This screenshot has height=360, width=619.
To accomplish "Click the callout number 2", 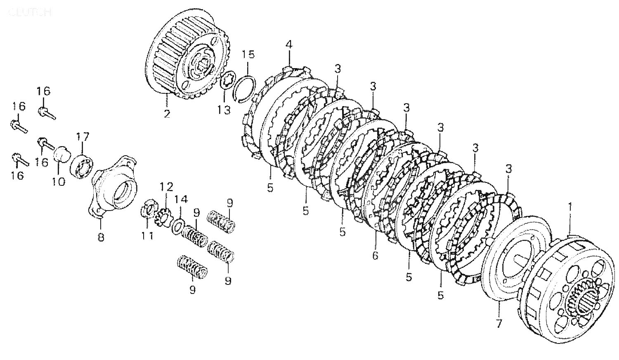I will coord(167,114).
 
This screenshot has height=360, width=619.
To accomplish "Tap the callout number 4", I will coord(288,45).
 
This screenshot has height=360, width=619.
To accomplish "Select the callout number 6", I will coord(375,256).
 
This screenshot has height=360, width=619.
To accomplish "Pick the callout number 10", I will coord(59,181).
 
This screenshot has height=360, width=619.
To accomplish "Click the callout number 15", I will coord(248,54).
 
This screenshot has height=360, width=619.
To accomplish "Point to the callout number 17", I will coord(82,137).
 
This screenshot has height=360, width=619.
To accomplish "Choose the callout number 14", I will coord(181,200).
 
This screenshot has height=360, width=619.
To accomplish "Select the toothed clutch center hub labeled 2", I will coord(186,66).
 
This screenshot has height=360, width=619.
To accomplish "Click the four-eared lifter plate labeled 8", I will coord(113,186).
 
